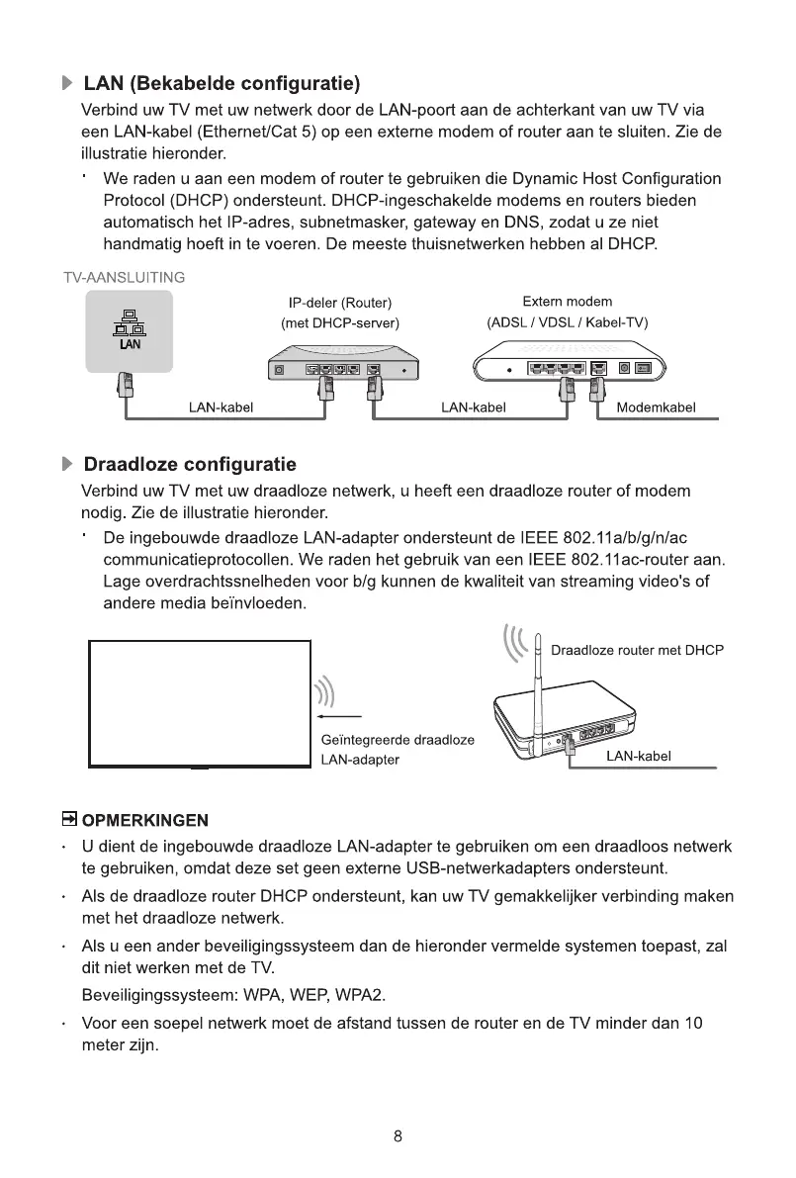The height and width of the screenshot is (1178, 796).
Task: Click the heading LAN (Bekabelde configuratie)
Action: (x=221, y=81)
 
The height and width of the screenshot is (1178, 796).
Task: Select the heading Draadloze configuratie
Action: (x=190, y=464)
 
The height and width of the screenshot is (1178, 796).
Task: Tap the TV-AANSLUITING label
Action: (x=124, y=277)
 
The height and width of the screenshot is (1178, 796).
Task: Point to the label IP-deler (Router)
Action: (x=340, y=302)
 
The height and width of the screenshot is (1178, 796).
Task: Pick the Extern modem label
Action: (x=567, y=302)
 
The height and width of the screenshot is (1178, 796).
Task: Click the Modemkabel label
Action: (x=656, y=408)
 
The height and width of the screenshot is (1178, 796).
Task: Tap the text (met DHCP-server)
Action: (x=340, y=322)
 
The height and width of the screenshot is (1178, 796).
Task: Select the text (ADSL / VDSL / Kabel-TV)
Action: (x=567, y=322)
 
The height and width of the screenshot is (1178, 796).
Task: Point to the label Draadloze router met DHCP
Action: (x=637, y=651)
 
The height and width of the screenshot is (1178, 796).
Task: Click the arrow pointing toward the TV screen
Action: (x=337, y=717)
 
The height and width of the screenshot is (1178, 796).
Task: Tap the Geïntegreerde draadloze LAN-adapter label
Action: (x=398, y=750)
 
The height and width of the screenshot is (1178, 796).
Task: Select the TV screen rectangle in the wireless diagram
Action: (x=200, y=702)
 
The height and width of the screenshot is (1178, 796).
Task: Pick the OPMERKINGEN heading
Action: (x=145, y=820)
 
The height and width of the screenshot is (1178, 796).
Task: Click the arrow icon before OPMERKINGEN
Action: (x=69, y=819)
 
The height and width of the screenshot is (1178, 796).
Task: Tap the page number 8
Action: (x=398, y=1136)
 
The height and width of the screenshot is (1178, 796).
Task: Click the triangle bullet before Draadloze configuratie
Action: (x=67, y=464)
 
